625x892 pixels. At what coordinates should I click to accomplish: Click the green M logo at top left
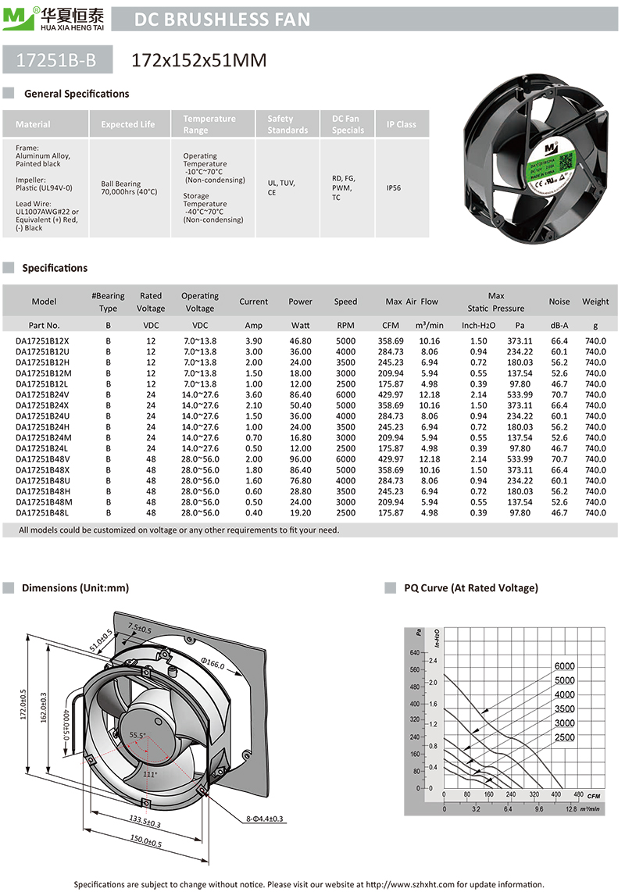[13, 18]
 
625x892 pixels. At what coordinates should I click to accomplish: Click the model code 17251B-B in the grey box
[57, 59]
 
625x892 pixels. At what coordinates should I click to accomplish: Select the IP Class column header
[402, 124]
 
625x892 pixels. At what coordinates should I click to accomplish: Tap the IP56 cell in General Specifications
[395, 188]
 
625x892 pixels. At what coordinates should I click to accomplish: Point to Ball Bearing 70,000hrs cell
[129, 188]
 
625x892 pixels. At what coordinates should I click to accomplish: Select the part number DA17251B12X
[42, 341]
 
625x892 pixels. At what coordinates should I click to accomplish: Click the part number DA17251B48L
[42, 512]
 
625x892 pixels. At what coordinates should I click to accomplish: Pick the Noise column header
[559, 301]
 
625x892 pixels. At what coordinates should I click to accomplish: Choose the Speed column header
[345, 301]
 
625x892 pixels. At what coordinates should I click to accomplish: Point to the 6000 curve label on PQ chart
[565, 666]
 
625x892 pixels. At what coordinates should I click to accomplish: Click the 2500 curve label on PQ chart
[565, 737]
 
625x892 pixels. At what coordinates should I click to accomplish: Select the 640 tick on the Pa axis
[414, 651]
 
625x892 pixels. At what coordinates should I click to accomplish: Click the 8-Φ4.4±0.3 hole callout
[262, 819]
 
